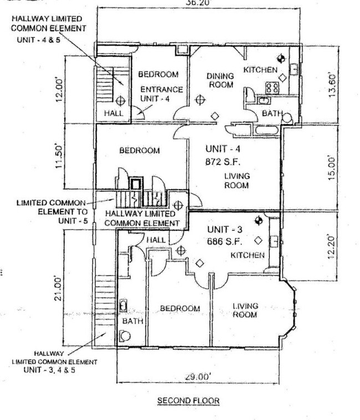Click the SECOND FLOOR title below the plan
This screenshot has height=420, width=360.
(188, 401)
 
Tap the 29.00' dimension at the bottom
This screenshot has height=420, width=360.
(197, 376)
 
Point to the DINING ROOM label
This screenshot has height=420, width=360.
(220, 80)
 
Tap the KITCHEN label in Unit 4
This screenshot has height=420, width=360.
(260, 70)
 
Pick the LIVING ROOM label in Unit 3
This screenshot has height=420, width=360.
(245, 310)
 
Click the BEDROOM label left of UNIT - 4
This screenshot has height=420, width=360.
(141, 151)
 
